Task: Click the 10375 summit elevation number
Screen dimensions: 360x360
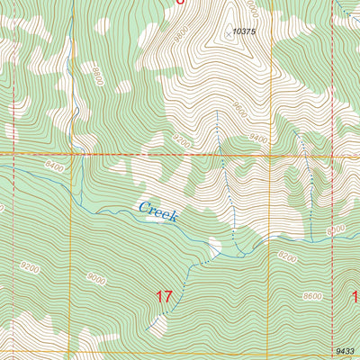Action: point(241,31)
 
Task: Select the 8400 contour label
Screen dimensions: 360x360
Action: point(54,165)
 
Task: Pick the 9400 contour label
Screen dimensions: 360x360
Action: point(261,139)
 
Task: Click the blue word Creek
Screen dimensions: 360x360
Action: point(158,211)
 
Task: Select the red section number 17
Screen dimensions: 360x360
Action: point(163,295)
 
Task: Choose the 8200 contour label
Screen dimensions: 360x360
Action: point(286,256)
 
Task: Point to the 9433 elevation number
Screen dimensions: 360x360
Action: point(345,350)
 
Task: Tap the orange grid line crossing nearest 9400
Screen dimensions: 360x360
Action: point(331,154)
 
